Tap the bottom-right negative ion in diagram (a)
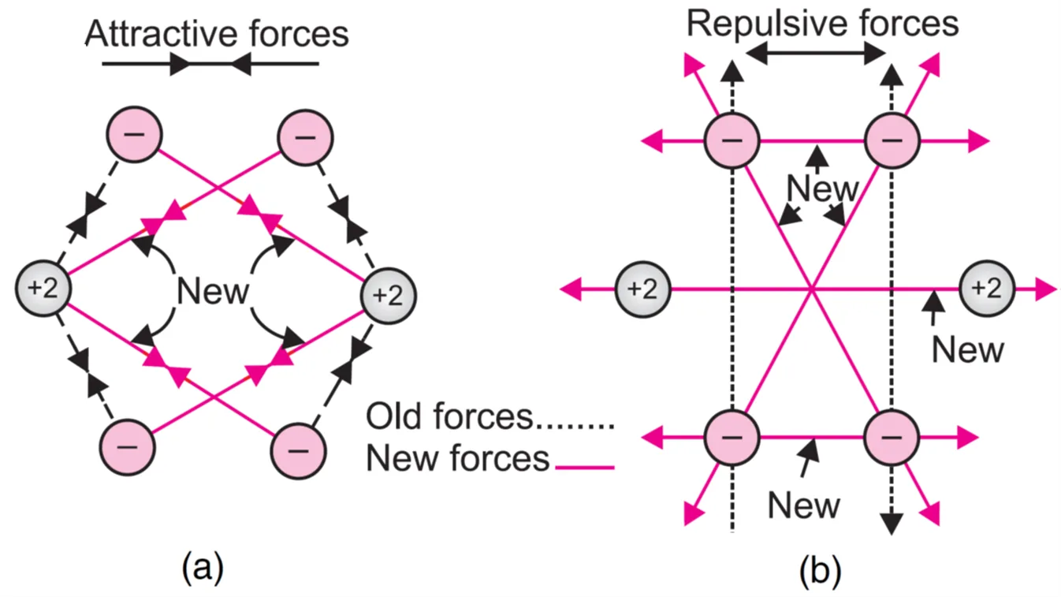297,450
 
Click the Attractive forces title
216,34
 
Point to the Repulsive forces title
822,23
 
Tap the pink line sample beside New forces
584,468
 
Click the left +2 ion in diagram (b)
642,289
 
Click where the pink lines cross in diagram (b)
811,289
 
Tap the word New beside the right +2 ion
967,349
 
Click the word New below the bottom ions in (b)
803,506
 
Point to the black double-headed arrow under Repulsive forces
816,54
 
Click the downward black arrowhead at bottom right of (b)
892,522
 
